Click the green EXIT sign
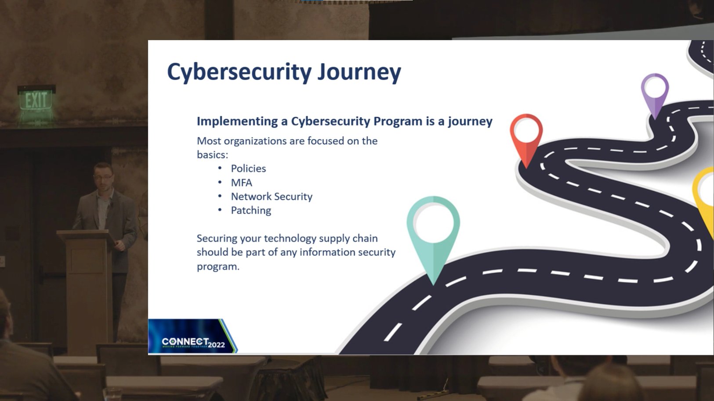pos(36,100)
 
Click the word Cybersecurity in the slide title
pos(239,72)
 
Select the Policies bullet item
pos(248,168)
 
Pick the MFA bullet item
pos(241,183)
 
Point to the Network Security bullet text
pos(272,197)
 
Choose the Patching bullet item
pos(251,211)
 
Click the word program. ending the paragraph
pos(218,266)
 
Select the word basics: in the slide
pos(212,155)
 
